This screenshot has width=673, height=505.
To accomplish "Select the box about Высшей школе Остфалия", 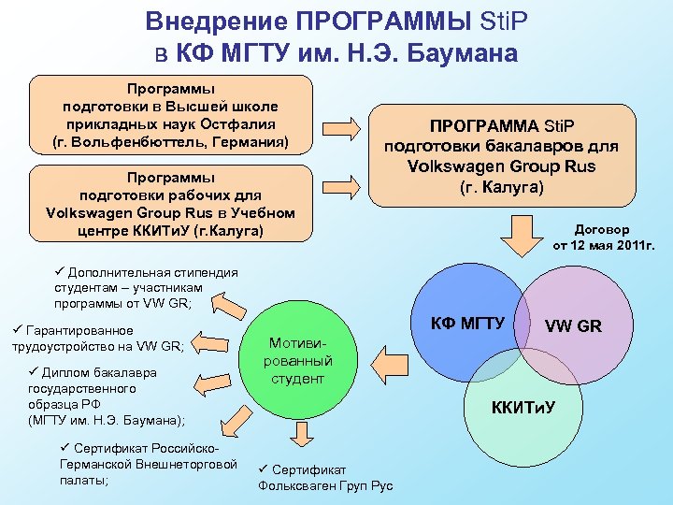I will click(x=171, y=115).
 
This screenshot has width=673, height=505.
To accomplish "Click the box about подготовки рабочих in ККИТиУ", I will click(x=171, y=203).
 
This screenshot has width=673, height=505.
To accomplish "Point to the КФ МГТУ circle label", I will click(x=467, y=324).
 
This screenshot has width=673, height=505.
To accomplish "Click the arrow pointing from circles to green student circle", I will click(x=389, y=357).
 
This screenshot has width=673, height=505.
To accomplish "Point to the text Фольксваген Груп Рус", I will click(x=325, y=485).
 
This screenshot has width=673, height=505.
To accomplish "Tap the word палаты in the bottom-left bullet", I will click(x=81, y=480).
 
